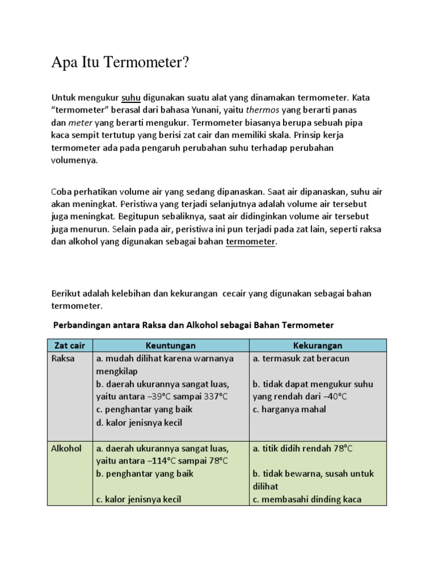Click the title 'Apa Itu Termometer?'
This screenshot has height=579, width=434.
click(x=119, y=63)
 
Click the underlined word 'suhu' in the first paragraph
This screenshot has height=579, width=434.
click(x=131, y=97)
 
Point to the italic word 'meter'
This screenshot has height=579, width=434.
click(x=80, y=122)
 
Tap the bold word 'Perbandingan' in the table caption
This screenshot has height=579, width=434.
click(x=81, y=325)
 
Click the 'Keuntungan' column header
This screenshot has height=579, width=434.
click(x=170, y=345)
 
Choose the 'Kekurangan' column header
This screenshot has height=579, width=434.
click(x=318, y=345)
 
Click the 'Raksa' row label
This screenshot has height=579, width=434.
click(x=63, y=358)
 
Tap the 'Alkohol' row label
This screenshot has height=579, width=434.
click(x=67, y=448)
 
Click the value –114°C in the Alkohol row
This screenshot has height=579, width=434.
click(x=160, y=461)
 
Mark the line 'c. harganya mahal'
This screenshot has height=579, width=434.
click(x=289, y=409)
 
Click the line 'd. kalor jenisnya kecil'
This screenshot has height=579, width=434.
click(x=139, y=422)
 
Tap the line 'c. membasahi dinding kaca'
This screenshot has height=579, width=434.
click(x=307, y=499)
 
